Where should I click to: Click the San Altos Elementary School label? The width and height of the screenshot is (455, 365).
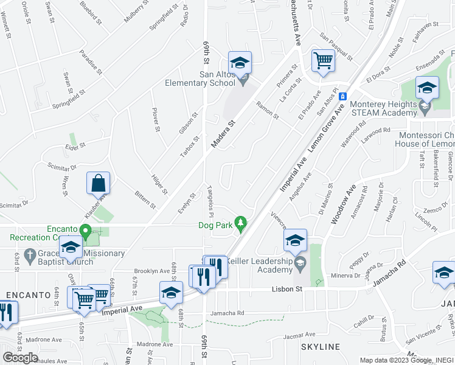tap(200, 79)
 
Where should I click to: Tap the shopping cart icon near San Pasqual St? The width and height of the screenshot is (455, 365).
tap(323, 61)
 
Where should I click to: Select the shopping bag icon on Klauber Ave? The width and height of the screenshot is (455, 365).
tap(99, 182)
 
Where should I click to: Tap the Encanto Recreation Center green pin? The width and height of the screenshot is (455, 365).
tap(86, 232)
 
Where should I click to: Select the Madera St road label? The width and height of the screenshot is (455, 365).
tap(223, 133)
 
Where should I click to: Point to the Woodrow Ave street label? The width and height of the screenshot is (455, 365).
tap(341, 207)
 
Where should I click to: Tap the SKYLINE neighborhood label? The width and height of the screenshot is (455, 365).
tap(320, 347)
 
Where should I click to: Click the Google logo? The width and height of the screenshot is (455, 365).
tap(20, 358)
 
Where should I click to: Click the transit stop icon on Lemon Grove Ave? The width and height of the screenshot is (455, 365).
tap(342, 96)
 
